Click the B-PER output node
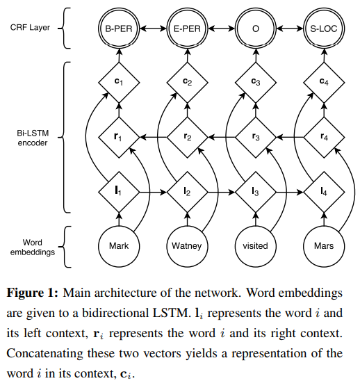coord(119,29)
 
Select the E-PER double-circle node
coord(187,29)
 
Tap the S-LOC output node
coord(324,29)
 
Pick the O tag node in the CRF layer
coord(256,29)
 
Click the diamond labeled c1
coord(119,82)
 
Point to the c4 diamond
coord(324,82)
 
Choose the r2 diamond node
coord(187,137)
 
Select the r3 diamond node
coord(256,137)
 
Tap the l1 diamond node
coord(119,192)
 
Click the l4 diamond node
coord(324,192)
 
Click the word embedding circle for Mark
coord(119,246)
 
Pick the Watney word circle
coord(187,246)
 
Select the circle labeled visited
coord(256,246)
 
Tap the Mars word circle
coord(324,246)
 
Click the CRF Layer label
coord(30,27)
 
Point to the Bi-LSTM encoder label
coord(33,138)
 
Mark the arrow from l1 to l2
coord(153,192)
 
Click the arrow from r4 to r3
coord(290,137)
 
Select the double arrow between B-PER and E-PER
coord(153,29)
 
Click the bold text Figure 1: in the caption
coord(33,293)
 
